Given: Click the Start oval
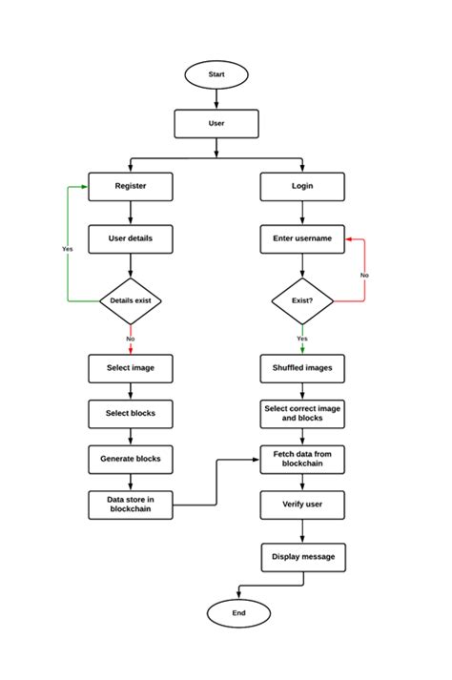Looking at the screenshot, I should tap(216, 74).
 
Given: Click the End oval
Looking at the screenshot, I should tap(237, 613).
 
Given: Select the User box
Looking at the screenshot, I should tap(216, 124).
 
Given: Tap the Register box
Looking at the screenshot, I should tap(131, 186).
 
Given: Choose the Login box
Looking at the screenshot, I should tap(302, 186).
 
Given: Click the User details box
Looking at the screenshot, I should tap(131, 238).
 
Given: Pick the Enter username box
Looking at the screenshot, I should tap(302, 238).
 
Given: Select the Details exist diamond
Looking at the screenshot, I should tap(131, 301).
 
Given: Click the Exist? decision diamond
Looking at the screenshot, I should tap(302, 301).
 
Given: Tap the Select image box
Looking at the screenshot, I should tap(131, 368).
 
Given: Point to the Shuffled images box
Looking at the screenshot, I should tap(302, 368).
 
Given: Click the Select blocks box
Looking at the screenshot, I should tap(131, 414).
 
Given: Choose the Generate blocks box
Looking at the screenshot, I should tap(131, 459).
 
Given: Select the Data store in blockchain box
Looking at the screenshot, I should tap(131, 505).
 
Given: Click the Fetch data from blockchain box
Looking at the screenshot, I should tap(302, 459).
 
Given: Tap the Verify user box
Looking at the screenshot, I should tap(302, 505).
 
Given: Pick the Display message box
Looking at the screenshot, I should tap(302, 557).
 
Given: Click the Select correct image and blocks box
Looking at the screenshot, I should tap(302, 414).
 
